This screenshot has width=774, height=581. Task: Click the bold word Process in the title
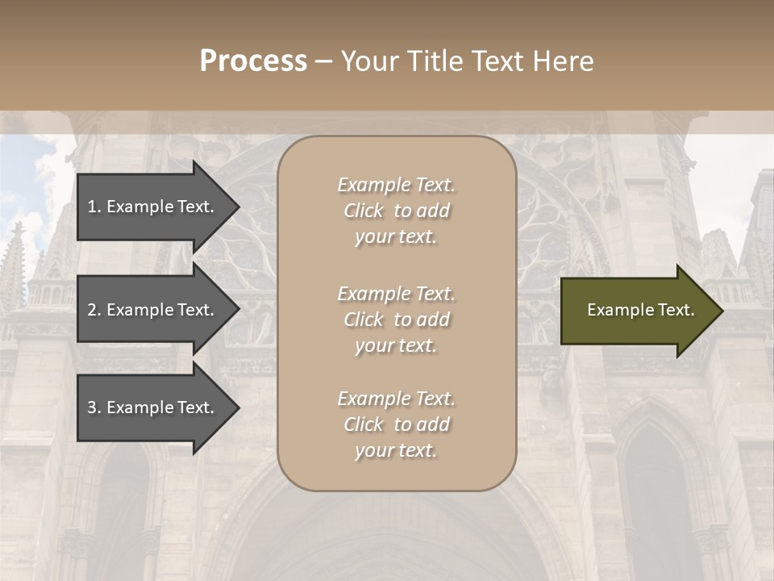(253, 61)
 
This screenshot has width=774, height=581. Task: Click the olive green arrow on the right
(637, 310)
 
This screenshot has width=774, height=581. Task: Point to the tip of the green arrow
(722, 311)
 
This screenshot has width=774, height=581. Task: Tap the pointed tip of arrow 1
(238, 207)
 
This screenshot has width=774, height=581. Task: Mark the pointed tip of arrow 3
(238, 408)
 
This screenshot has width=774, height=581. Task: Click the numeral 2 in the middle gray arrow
(92, 310)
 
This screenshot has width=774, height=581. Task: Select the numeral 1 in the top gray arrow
(92, 207)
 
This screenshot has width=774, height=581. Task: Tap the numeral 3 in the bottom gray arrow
(92, 408)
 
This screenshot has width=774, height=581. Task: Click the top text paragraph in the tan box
(396, 211)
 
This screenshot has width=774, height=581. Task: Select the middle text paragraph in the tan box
(396, 320)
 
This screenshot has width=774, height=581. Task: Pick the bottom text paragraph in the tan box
(396, 424)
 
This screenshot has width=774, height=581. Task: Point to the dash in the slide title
(323, 62)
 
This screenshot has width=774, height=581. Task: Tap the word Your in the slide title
(368, 61)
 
